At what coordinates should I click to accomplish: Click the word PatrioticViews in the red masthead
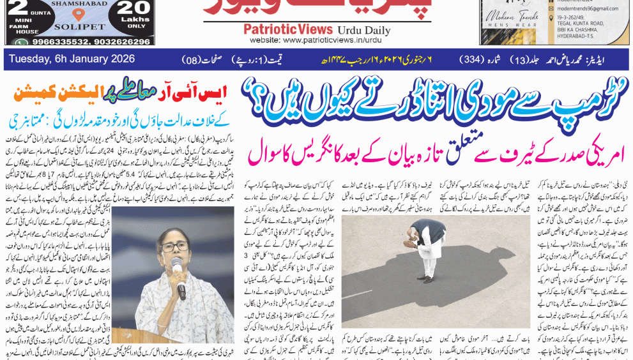click(x=288, y=29)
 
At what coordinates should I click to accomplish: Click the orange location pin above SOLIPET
click(x=79, y=15)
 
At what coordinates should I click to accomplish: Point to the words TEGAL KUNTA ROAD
click(x=577, y=27)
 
